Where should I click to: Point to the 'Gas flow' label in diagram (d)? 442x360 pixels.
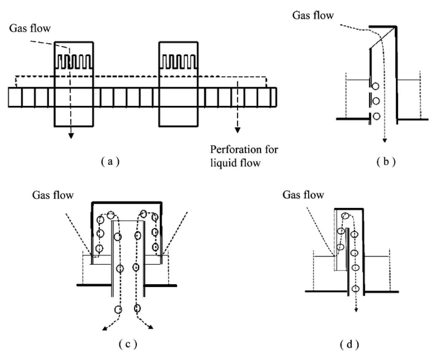(304, 195)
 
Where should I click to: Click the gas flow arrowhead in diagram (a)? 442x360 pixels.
(71, 135)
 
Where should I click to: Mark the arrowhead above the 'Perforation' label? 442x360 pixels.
(238, 130)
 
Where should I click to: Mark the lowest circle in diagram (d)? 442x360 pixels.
(356, 289)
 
